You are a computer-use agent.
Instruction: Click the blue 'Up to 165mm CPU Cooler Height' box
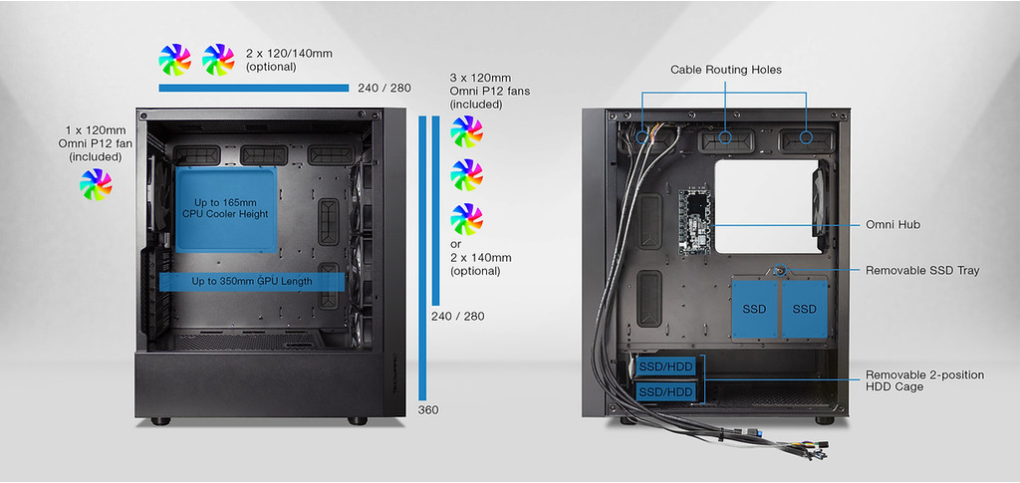pyautogui.click(x=226, y=207)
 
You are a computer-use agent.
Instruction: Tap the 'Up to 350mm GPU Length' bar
pyautogui.click(x=252, y=282)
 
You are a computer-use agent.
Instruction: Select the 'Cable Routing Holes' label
pyautogui.click(x=725, y=70)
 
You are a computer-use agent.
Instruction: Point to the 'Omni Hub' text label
pyautogui.click(x=892, y=225)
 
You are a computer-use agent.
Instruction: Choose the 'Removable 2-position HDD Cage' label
pyautogui.click(x=924, y=380)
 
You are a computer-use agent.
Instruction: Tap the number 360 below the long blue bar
pyautogui.click(x=428, y=409)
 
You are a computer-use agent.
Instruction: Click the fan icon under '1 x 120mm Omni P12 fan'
pyautogui.click(x=97, y=183)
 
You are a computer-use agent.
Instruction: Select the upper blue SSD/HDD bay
pyautogui.click(x=665, y=366)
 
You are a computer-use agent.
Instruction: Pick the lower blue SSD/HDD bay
pyautogui.click(x=665, y=391)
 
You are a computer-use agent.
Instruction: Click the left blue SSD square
pyautogui.click(x=754, y=308)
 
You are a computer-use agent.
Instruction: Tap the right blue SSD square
pyautogui.click(x=805, y=308)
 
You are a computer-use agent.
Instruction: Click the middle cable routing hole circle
pyautogui.click(x=725, y=137)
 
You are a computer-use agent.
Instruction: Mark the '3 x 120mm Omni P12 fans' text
pyautogui.click(x=490, y=91)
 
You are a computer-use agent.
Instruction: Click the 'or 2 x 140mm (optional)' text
pyautogui.click(x=483, y=257)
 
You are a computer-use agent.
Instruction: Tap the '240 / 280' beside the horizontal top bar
pyautogui.click(x=383, y=89)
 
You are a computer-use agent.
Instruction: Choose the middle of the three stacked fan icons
pyautogui.click(x=466, y=174)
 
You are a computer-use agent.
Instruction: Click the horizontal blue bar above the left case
pyautogui.click(x=253, y=89)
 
